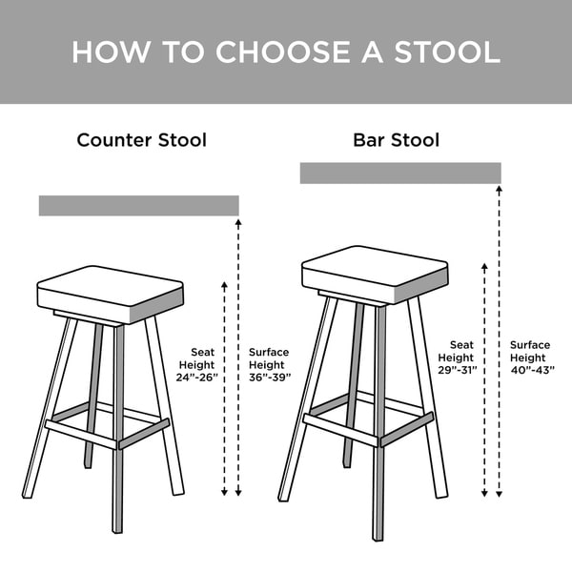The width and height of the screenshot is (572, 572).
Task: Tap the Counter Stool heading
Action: click(141, 141)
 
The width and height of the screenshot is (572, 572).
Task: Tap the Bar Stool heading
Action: click(396, 141)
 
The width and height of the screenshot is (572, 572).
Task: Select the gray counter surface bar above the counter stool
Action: click(138, 205)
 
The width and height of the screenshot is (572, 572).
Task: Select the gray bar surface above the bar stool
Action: click(400, 173)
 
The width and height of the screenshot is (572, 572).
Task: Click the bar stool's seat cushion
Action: click(375, 269)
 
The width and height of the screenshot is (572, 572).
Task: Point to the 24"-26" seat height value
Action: click(196, 377)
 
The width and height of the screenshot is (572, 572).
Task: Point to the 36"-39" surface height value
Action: click(269, 377)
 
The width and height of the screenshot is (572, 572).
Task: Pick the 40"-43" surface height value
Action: click(529, 370)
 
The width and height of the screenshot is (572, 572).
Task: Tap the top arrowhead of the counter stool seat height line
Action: click(224, 285)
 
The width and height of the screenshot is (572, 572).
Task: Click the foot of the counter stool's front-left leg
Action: click(28, 494)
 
